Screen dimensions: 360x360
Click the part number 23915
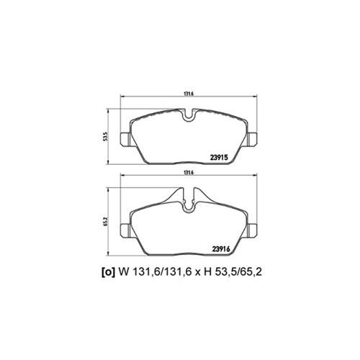tap(219, 157)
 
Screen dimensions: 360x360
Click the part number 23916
tap(221, 249)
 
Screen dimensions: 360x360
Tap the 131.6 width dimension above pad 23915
tap(189, 94)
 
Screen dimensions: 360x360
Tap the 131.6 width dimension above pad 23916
tap(189, 172)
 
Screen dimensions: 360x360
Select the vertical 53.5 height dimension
tap(104, 136)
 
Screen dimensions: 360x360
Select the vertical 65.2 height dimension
tap(104, 222)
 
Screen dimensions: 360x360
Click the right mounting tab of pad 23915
tap(252, 139)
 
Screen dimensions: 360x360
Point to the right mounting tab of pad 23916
tap(252, 230)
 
